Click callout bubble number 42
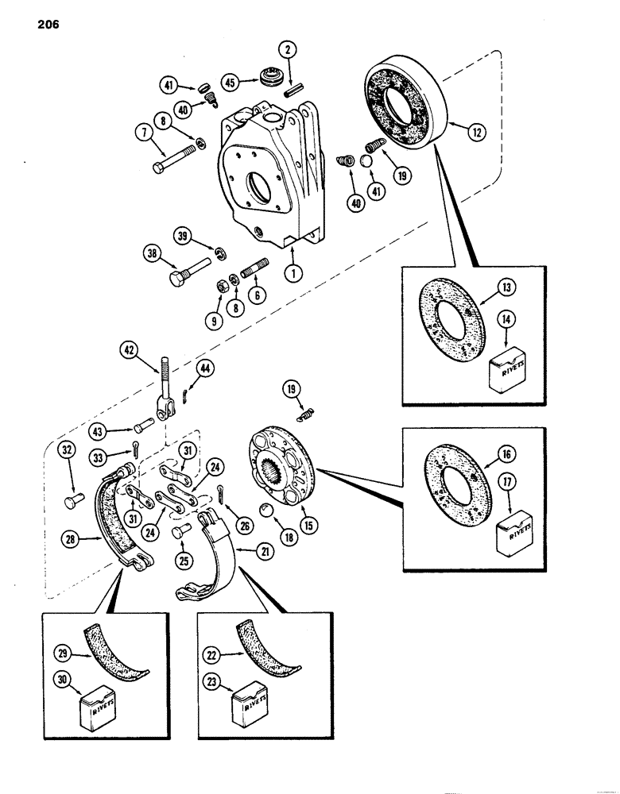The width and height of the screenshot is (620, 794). click(129, 349)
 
